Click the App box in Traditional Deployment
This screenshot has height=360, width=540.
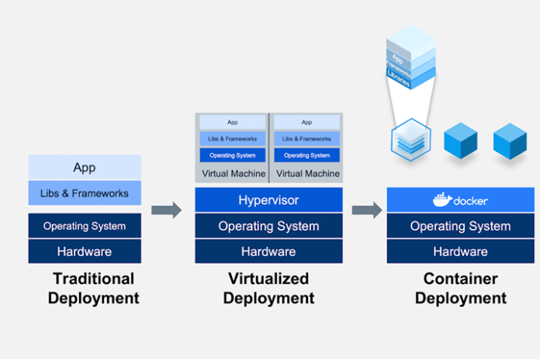[85, 168]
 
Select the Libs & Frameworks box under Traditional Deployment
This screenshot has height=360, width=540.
[85, 192]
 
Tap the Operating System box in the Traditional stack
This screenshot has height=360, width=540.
[85, 226]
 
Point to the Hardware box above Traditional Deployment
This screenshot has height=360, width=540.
[85, 251]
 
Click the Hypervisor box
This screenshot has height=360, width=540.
[268, 200]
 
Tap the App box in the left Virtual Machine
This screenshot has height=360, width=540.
[232, 122]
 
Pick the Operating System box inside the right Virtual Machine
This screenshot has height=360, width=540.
[306, 155]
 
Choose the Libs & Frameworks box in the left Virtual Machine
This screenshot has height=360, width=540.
[232, 139]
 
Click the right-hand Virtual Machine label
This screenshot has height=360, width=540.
[306, 174]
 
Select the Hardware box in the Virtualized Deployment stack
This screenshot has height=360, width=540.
[268, 251]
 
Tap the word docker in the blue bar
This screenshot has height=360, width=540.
[471, 201]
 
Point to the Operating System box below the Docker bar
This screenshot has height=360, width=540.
[460, 226]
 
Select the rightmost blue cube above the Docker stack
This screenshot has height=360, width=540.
[510, 140]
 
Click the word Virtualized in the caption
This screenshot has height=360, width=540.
[268, 279]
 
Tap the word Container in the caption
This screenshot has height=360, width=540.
[460, 279]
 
